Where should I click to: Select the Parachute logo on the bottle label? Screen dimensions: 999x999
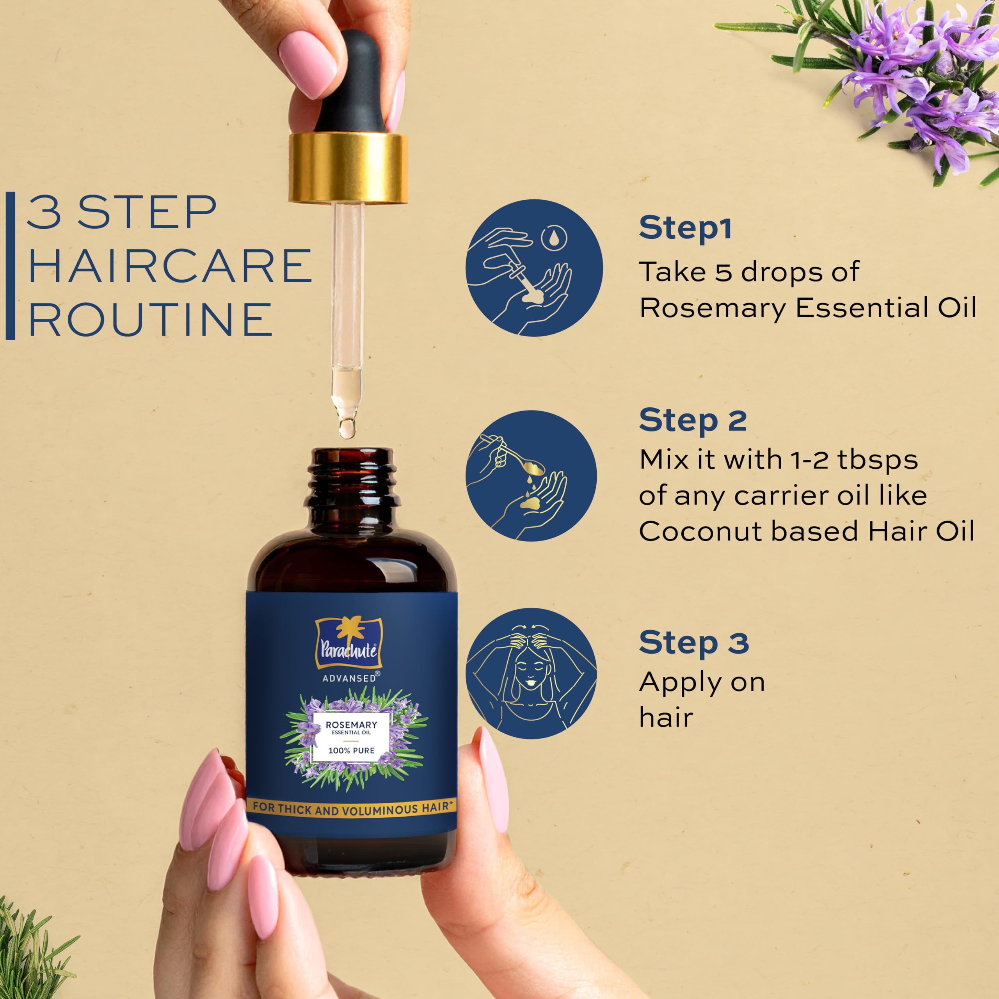click(348, 642)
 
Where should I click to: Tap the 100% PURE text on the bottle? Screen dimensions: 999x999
click(352, 750)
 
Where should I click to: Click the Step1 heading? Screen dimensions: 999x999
click(685, 229)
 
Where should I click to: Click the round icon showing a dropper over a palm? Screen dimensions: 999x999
click(534, 268)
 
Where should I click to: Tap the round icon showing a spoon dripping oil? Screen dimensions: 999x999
click(531, 476)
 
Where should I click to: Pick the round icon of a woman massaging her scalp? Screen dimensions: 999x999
click(531, 673)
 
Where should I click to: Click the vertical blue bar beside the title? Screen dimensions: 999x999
click(11, 266)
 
